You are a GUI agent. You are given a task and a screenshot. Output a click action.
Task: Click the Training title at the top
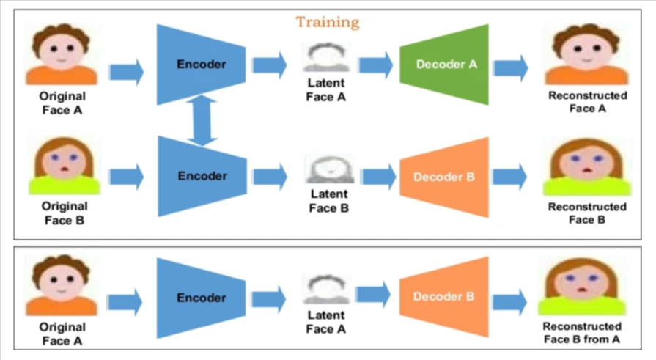coord(328,22)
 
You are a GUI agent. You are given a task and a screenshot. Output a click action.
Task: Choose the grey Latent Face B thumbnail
coord(329,169)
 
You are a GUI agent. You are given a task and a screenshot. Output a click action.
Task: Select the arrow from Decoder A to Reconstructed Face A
coord(510,68)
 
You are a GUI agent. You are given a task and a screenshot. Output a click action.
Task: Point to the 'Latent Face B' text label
coord(329,201)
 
